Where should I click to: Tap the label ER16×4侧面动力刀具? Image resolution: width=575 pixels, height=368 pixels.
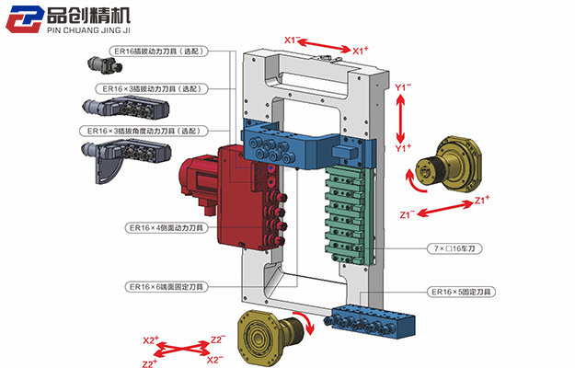tap(167, 227)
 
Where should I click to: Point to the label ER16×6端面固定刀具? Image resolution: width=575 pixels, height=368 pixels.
tap(167, 287)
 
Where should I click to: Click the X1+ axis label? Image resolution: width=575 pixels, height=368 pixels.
tap(362, 50)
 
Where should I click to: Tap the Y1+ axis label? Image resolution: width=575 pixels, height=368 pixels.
tap(403, 147)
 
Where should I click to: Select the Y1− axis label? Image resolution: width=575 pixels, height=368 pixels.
tap(403, 86)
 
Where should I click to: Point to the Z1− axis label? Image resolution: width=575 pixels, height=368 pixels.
tap(408, 214)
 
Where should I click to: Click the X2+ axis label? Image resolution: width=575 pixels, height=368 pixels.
tap(151, 340)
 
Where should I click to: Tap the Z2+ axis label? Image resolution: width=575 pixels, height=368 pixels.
tap(150, 363)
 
